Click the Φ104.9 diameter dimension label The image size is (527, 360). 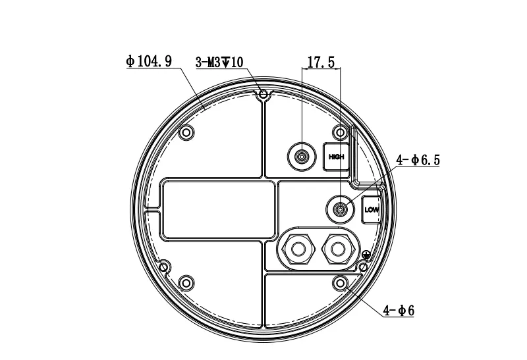pos(149,61)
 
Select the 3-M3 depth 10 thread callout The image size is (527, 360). pos(219,62)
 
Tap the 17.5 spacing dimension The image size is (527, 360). pos(321,63)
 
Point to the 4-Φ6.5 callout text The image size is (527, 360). pos(418,160)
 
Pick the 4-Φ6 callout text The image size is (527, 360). pos(399,311)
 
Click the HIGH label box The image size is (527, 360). pos(336,157)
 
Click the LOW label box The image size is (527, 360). pos(372,210)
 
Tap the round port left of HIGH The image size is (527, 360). pos(302,157)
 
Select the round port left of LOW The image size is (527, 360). pos(340,209)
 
